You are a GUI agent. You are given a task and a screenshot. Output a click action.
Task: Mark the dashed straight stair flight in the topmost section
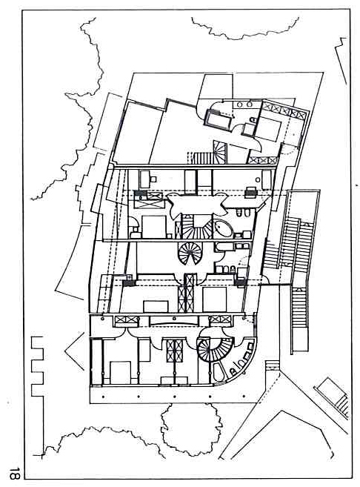[202, 156]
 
